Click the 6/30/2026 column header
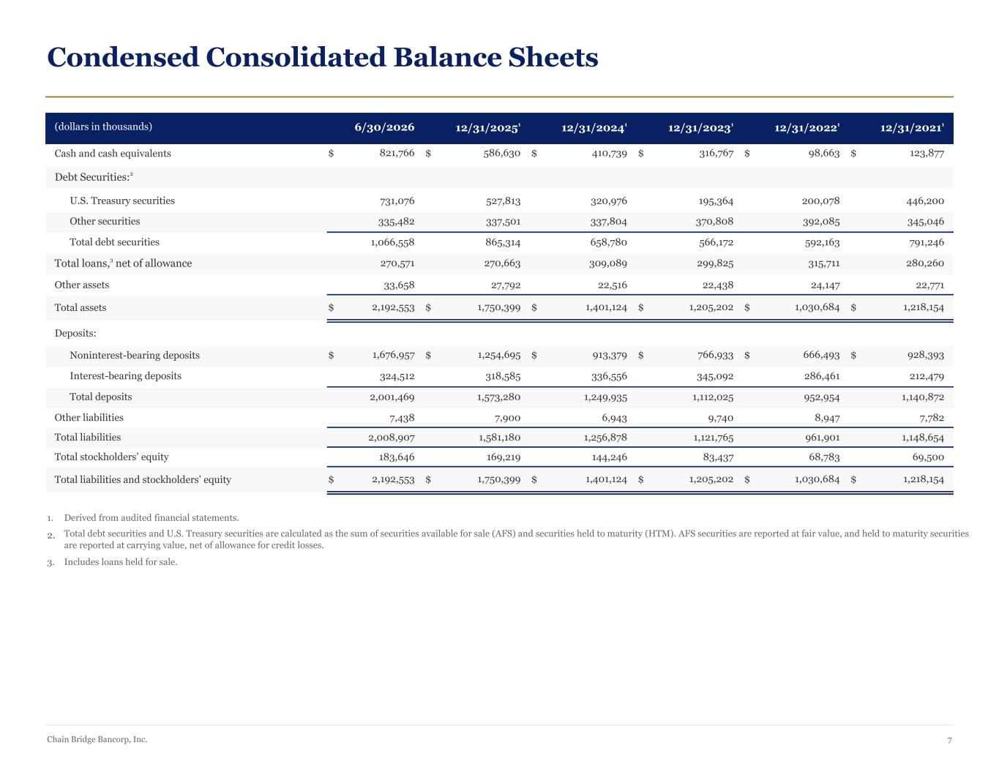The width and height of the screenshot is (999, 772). click(x=384, y=127)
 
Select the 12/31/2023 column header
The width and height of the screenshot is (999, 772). click(x=700, y=127)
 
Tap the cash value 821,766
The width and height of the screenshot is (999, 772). click(x=397, y=153)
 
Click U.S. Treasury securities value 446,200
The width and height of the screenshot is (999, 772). click(x=925, y=201)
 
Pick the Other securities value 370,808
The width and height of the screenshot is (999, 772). click(x=714, y=222)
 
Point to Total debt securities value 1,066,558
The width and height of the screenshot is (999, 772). click(x=392, y=242)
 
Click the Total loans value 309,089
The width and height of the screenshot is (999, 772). click(x=607, y=263)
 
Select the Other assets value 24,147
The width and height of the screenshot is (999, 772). click(x=826, y=285)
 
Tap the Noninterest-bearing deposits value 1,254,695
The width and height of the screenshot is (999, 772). click(x=499, y=355)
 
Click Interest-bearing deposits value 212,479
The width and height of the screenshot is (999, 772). click(x=927, y=376)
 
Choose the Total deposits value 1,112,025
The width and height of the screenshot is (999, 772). click(x=713, y=397)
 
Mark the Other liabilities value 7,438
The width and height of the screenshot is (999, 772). click(x=402, y=418)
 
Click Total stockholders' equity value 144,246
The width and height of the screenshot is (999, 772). click(x=609, y=457)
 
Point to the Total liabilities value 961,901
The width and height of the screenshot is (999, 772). click(x=822, y=438)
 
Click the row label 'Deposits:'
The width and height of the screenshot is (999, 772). click(x=75, y=333)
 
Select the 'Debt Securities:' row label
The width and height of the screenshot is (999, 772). click(x=94, y=177)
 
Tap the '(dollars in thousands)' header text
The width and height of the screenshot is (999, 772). click(x=103, y=127)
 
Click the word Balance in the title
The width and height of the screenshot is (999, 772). click(x=447, y=57)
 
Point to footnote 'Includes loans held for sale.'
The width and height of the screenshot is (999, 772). click(x=121, y=562)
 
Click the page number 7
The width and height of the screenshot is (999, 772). click(x=950, y=741)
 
